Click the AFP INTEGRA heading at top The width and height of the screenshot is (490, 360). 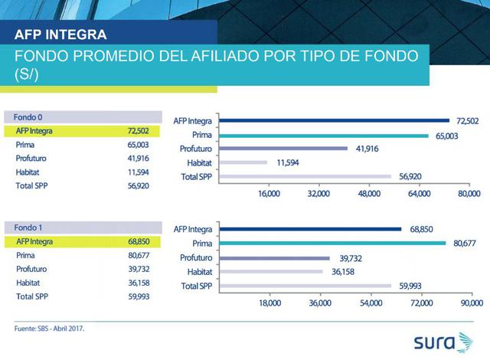[x=60, y=34]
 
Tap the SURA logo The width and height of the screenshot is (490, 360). [x=444, y=342]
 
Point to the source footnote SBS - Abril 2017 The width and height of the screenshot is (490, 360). [x=49, y=329]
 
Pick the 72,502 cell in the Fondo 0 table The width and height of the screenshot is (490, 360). [x=138, y=131]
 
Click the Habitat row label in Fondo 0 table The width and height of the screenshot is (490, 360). [x=28, y=172]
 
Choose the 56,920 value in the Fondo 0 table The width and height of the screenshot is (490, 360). [x=138, y=186]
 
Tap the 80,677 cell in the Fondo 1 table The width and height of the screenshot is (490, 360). [x=139, y=255]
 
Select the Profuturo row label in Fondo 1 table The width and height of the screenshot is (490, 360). [x=31, y=269]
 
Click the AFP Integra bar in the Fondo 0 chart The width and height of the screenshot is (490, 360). [x=334, y=120]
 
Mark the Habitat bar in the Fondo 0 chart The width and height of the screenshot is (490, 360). [x=243, y=162]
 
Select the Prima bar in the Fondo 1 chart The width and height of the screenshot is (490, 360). [x=332, y=243]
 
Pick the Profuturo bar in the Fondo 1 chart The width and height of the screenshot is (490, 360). [x=274, y=258]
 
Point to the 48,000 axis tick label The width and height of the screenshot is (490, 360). [x=369, y=194]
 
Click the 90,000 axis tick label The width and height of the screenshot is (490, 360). [x=472, y=303]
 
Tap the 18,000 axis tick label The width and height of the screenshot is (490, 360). [x=269, y=303]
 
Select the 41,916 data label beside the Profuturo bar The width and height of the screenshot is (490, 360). [x=367, y=149]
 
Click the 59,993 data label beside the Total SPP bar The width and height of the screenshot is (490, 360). [x=410, y=286]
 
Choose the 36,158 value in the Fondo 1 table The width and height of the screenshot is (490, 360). [x=139, y=283]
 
